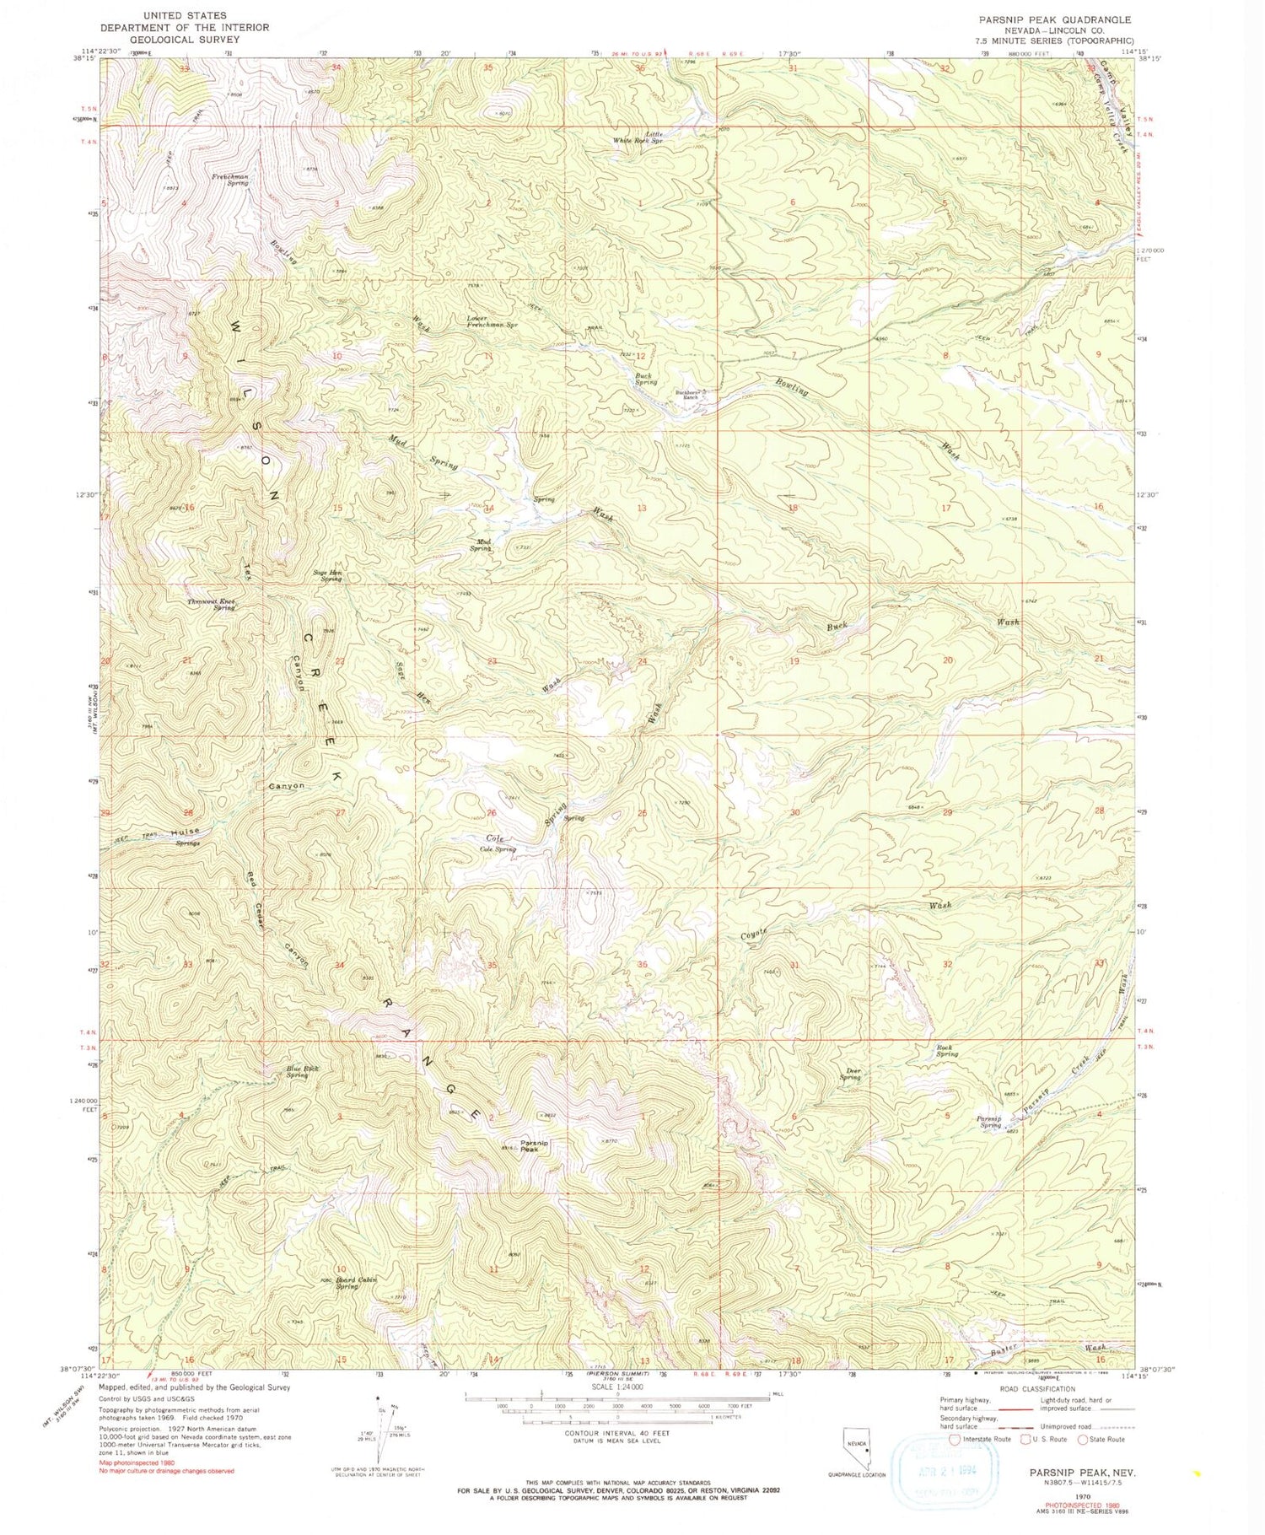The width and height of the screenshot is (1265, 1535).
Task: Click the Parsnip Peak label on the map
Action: pyautogui.click(x=535, y=1147)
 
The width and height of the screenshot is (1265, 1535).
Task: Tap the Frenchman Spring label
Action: pyautogui.click(x=229, y=180)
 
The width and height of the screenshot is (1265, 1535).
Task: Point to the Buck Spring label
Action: pyautogui.click(x=645, y=380)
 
